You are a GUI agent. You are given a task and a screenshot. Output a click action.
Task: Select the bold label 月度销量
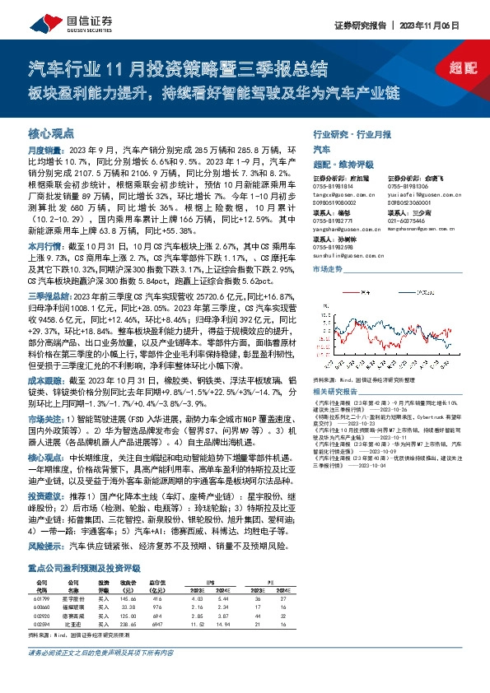41,151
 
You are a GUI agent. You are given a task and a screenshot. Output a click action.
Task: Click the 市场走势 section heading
329,269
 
